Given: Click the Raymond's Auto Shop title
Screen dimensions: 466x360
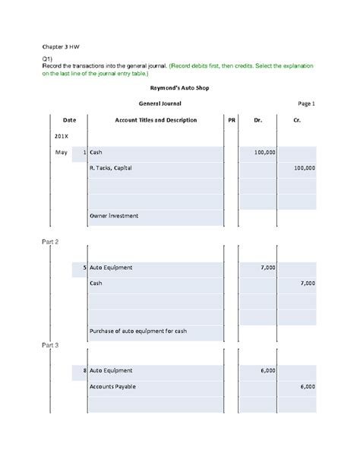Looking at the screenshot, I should [x=179, y=87].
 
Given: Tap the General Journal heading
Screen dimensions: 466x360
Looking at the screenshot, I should [x=159, y=103].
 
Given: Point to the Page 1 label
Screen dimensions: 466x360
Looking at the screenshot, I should [x=305, y=103].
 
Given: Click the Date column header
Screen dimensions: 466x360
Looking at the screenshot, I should [x=69, y=120].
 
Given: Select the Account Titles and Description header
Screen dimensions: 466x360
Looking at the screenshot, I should [x=156, y=120].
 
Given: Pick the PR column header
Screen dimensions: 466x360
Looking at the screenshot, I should [x=232, y=120].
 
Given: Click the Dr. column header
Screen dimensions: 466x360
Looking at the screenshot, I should [x=257, y=120].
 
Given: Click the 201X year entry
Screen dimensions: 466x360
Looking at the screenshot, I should [x=62, y=136].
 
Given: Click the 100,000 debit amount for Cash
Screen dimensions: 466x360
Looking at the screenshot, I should [x=264, y=153].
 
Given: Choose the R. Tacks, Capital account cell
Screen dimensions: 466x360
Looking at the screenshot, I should [x=111, y=168].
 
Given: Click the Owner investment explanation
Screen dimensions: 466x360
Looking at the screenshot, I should [x=114, y=216].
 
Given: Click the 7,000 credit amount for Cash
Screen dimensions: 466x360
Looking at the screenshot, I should [x=308, y=283].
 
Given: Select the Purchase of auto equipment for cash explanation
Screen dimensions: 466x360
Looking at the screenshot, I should [x=137, y=331].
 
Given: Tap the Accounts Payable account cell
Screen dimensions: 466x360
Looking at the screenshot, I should [x=115, y=385].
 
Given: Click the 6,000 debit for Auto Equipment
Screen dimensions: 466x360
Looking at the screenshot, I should [x=267, y=370].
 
